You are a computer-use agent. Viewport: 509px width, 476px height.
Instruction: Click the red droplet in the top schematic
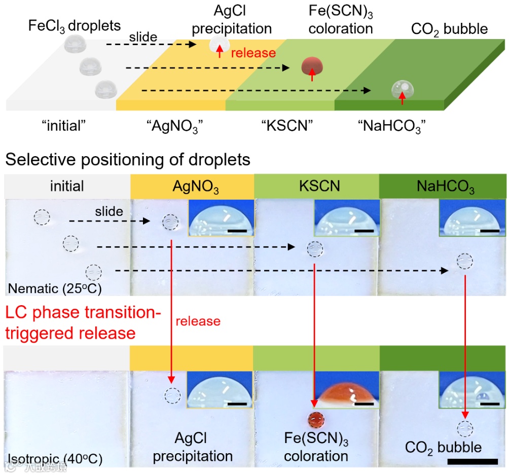[x=312, y=66]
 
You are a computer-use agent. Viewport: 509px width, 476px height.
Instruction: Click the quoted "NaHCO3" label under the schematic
[x=394, y=126]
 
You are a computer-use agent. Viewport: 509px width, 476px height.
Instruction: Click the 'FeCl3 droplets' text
[x=75, y=25]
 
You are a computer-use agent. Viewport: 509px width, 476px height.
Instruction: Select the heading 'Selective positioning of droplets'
[x=127, y=160]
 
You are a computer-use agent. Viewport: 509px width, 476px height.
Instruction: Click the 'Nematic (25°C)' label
[x=55, y=288]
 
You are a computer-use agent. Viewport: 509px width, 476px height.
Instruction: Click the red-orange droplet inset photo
[x=346, y=390]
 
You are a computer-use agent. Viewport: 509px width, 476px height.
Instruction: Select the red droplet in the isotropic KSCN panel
[x=315, y=420]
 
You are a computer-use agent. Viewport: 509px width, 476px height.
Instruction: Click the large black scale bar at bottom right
[x=473, y=461]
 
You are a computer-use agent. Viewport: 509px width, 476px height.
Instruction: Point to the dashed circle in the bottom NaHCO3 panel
[x=464, y=429]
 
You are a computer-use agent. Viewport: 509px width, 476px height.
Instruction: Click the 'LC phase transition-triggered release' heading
[x=84, y=323]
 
